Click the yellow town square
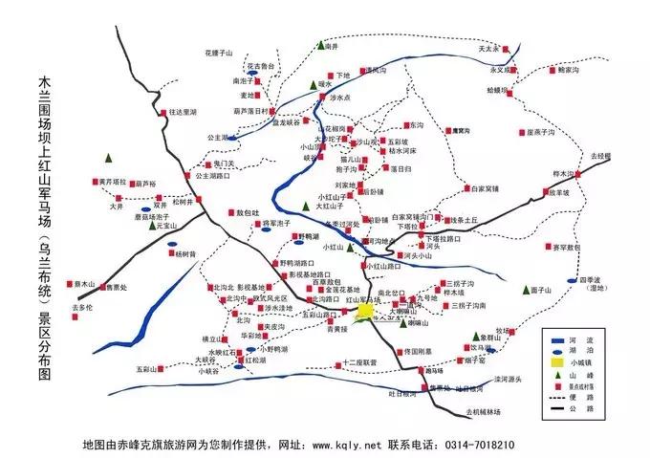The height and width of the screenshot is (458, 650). pos(364,311)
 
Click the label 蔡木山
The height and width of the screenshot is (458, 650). pos(83,284)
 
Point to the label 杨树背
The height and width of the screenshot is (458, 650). pos(185,254)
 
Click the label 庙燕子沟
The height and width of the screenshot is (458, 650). pos(541,132)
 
